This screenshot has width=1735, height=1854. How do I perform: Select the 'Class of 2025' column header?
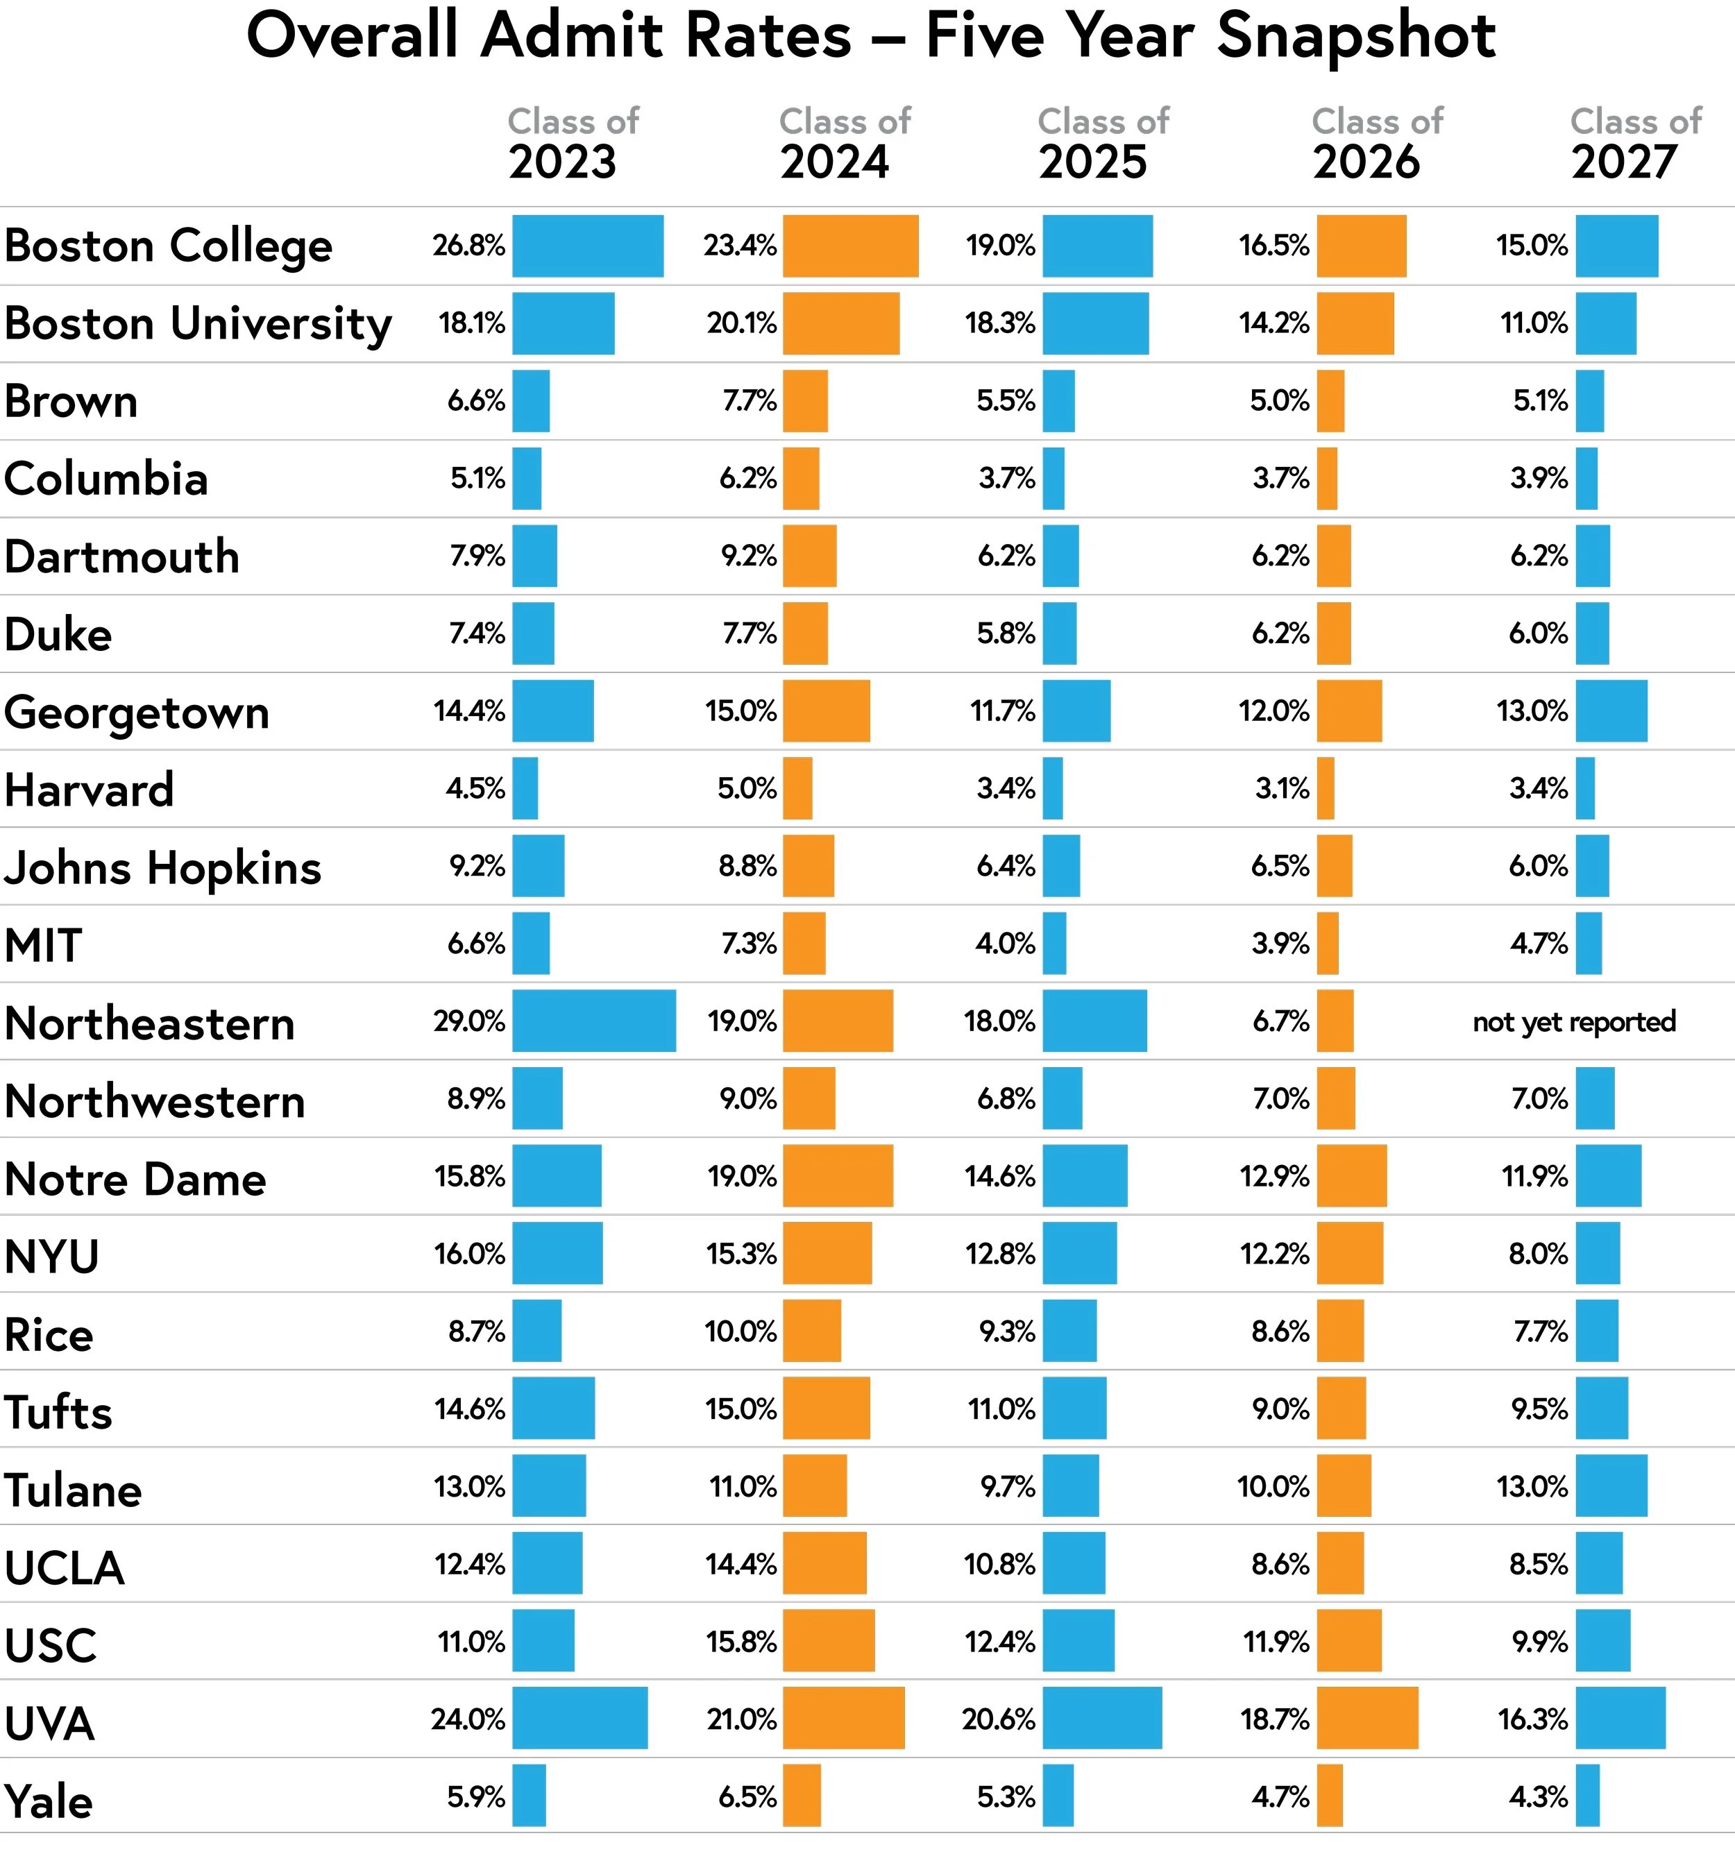click(1103, 144)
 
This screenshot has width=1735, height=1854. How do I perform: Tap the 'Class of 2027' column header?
click(1635, 144)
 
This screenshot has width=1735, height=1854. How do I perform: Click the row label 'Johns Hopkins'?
click(163, 867)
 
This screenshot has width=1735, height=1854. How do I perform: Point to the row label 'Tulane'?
click(73, 1489)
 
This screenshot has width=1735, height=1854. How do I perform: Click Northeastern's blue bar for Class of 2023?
click(593, 1021)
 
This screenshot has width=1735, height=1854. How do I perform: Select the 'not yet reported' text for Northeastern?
click(1573, 1022)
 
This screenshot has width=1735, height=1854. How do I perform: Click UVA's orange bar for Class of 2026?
click(1366, 1718)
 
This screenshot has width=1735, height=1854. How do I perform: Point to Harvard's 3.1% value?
click(1282, 789)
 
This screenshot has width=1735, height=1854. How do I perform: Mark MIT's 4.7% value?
click(1539, 944)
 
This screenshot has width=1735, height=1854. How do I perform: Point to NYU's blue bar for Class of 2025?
click(1079, 1253)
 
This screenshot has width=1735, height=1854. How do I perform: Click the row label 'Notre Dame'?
click(135, 1179)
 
